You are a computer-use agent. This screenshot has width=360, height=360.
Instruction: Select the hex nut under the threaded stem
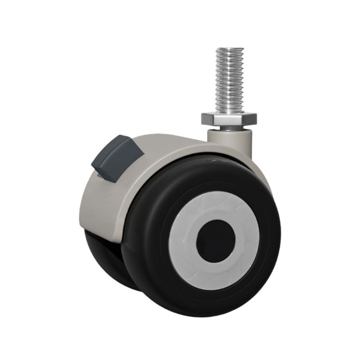tap(229, 119)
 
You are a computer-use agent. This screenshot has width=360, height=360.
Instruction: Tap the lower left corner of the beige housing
tap(83, 227)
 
